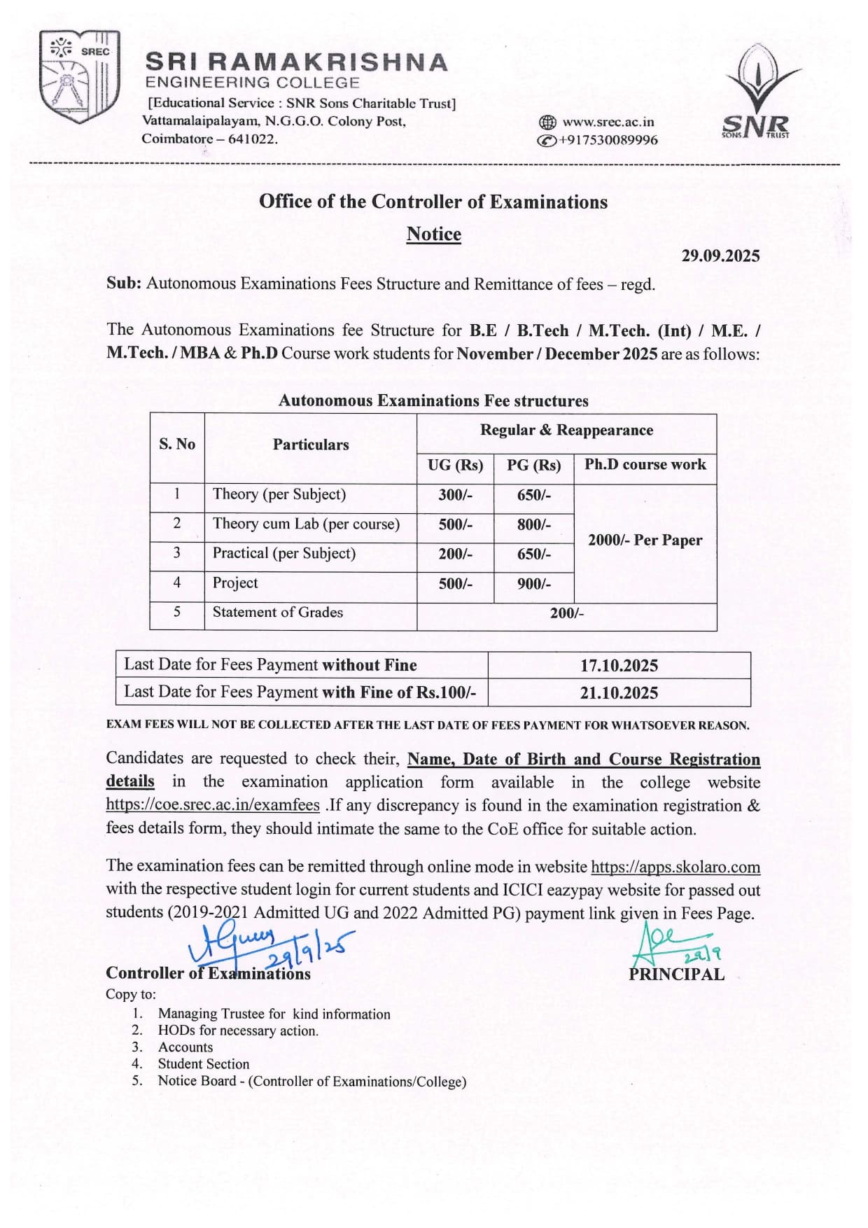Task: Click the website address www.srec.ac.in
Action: click(608, 122)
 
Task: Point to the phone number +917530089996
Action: click(607, 140)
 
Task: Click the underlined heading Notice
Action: click(433, 234)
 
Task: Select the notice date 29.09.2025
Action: click(720, 256)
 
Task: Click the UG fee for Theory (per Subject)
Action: click(455, 495)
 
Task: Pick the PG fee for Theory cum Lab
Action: click(533, 524)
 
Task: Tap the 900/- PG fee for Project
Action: click(533, 583)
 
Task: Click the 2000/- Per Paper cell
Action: click(645, 540)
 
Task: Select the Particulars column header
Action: click(310, 445)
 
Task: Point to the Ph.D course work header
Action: click(645, 465)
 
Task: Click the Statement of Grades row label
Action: click(277, 612)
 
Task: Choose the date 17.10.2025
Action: click(619, 665)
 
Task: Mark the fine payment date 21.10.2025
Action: click(619, 692)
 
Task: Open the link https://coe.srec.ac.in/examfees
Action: click(213, 805)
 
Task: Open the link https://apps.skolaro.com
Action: click(675, 867)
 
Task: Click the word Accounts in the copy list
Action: click(185, 1047)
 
